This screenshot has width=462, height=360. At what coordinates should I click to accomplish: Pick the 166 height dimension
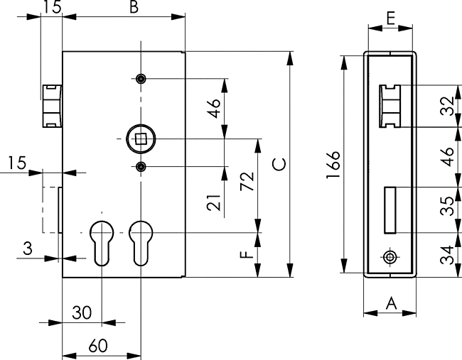pyautogui.click(x=335, y=165)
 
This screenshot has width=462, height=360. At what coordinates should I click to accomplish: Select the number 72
pyautogui.click(x=247, y=183)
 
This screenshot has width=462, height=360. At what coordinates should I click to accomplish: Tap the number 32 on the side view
pyautogui.click(x=446, y=107)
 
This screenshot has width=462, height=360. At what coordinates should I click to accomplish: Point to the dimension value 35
pyautogui.click(x=446, y=210)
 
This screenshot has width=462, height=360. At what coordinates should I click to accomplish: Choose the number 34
pyautogui.click(x=446, y=254)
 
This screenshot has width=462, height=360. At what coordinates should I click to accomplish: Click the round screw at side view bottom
pyautogui.click(x=390, y=256)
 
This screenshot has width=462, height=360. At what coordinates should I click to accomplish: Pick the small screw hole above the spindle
pyautogui.click(x=141, y=78)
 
